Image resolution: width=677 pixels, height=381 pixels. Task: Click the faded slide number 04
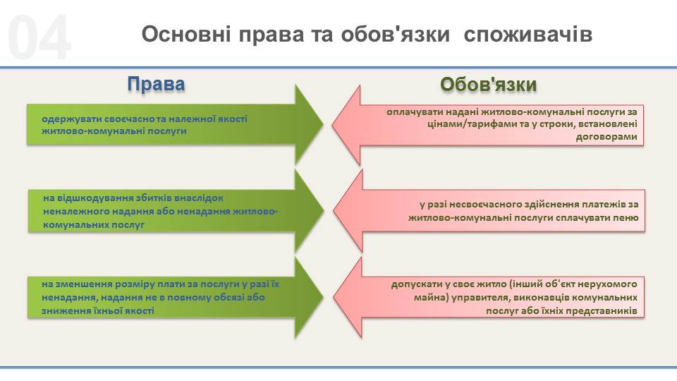[x=39, y=37]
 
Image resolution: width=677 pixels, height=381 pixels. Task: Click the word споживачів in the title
[x=527, y=34]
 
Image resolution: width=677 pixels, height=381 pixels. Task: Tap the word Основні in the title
[x=186, y=34]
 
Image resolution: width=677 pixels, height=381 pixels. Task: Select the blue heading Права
[x=156, y=84]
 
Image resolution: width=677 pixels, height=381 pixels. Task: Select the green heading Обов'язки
[x=488, y=84]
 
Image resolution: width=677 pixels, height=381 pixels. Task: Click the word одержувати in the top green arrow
[x=72, y=119]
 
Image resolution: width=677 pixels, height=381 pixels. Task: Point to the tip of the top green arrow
[x=323, y=125]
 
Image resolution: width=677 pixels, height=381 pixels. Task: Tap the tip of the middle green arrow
[x=324, y=211]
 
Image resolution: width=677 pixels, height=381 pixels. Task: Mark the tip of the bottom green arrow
[x=323, y=297]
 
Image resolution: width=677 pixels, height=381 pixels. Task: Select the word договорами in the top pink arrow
[x=606, y=137]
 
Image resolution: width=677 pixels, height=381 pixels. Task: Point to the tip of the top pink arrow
[x=332, y=125]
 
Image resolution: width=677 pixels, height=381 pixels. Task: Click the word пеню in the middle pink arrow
[x=626, y=218]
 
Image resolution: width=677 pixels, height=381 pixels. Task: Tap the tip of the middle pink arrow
[x=334, y=211]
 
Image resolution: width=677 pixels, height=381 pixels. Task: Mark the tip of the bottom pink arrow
[x=334, y=297]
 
